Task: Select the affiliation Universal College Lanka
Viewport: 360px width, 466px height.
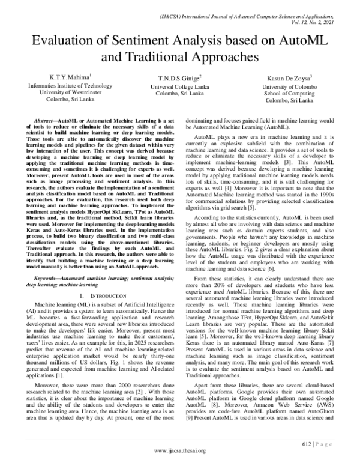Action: coord(180,87)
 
